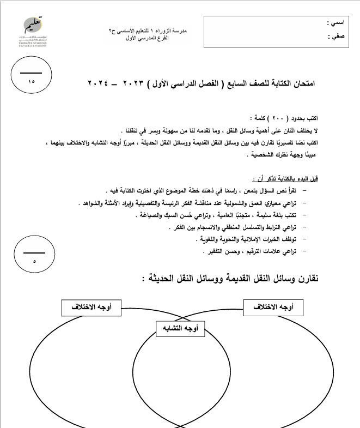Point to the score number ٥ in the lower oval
coord(34,262)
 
